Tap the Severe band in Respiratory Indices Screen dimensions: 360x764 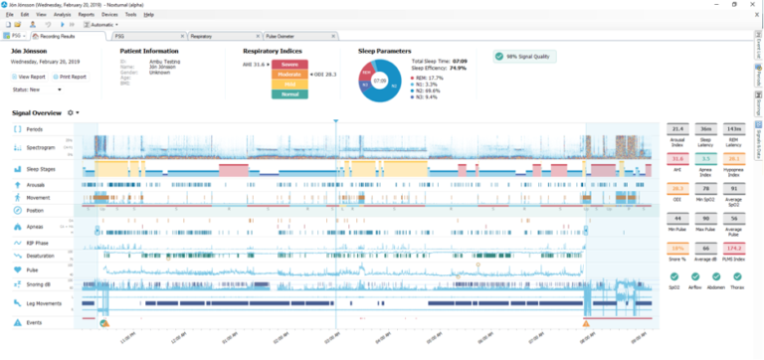click(283, 65)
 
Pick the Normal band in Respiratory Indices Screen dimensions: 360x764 click(283, 94)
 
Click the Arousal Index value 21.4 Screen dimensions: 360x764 click(676, 129)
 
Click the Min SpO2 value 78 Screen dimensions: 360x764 click(704, 187)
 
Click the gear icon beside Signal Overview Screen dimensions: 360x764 click(72, 113)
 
